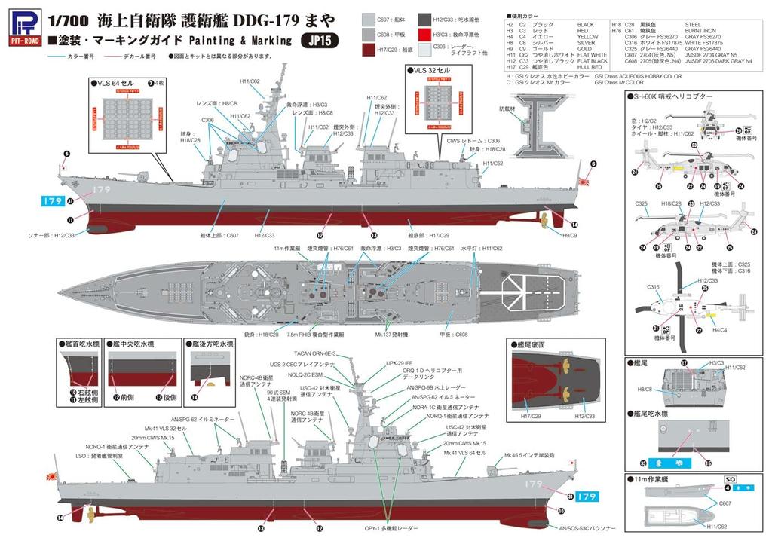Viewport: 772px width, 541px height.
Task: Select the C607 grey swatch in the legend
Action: click(388, 19)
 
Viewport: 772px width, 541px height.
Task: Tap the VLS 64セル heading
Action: click(118, 82)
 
